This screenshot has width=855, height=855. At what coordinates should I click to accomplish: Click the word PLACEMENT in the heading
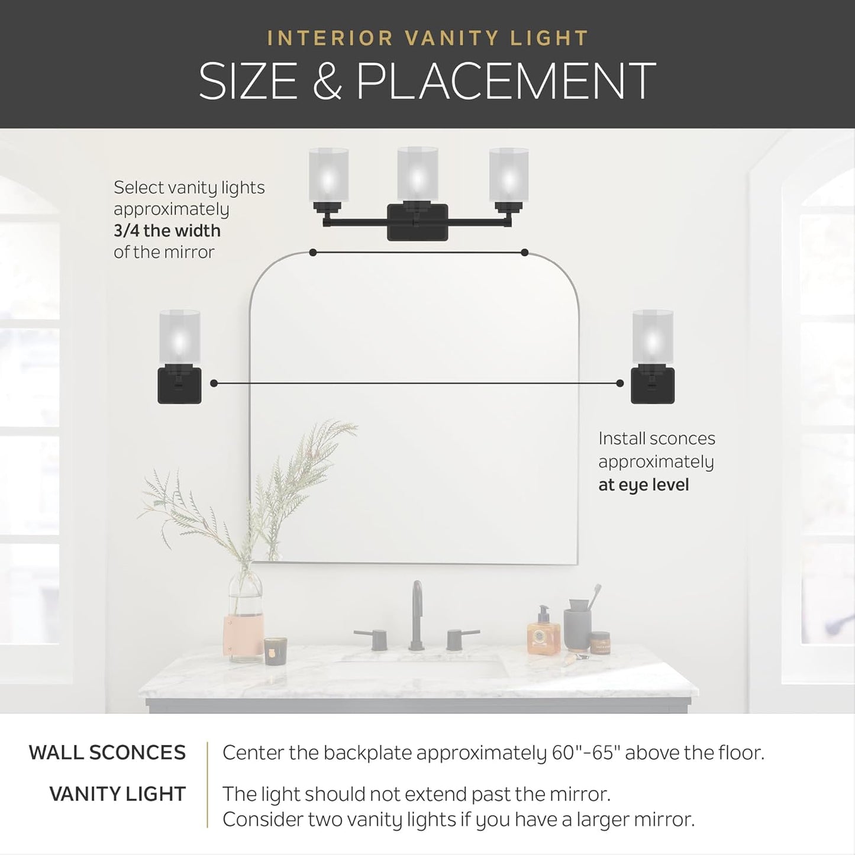pos(506,81)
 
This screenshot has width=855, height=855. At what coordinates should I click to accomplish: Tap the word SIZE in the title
pos(248,81)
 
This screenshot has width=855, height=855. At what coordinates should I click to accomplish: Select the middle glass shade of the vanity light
pos(418,174)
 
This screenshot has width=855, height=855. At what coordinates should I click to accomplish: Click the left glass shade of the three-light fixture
pos(328,174)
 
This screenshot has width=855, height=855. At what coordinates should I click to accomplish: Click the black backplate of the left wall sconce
pos(179,386)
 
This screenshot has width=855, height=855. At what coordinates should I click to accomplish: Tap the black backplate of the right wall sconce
pos(653,386)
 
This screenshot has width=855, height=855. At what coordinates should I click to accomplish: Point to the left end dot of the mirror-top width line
pos(313,253)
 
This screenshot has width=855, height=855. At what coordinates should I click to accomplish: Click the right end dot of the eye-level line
pos(620,383)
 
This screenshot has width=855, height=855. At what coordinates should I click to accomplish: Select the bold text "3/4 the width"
pos(167,230)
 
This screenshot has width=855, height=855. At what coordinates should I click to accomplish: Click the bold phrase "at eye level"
pos(643,485)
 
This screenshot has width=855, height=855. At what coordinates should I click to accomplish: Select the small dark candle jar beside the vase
pos(275,651)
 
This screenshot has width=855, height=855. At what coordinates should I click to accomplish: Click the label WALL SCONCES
pos(107,753)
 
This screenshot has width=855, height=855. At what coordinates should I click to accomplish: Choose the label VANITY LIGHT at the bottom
pos(117,794)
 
